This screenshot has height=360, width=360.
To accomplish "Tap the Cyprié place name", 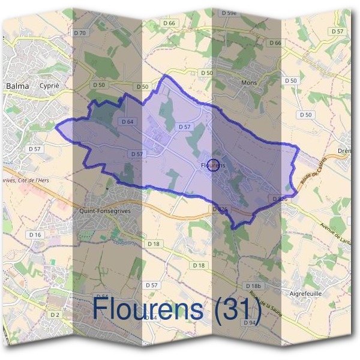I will (50, 86).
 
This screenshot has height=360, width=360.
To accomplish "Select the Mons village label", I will (248, 82).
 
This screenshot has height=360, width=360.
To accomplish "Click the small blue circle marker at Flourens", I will (212, 166).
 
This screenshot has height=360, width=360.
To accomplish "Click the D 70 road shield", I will (80, 32).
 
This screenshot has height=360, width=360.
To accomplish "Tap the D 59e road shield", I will (229, 13).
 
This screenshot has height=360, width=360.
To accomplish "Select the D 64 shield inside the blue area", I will (127, 121).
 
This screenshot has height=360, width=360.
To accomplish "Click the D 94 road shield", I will (250, 323).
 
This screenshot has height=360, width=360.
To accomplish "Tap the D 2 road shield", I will (55, 314).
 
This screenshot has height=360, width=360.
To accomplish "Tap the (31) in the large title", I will (234, 308).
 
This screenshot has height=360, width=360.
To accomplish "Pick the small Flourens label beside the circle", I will (212, 164).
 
